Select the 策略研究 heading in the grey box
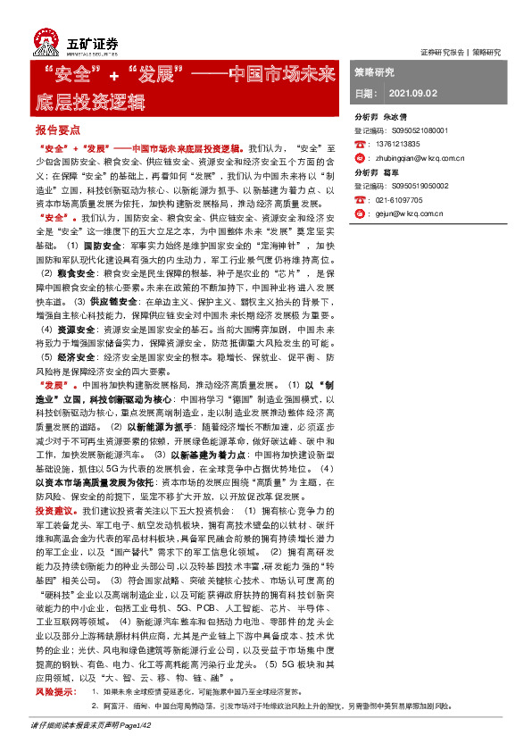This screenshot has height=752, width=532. (x=374, y=71)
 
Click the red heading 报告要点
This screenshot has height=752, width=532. (x=58, y=130)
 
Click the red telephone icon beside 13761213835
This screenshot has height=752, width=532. (x=361, y=143)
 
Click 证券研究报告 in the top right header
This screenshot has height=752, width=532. (x=442, y=52)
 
